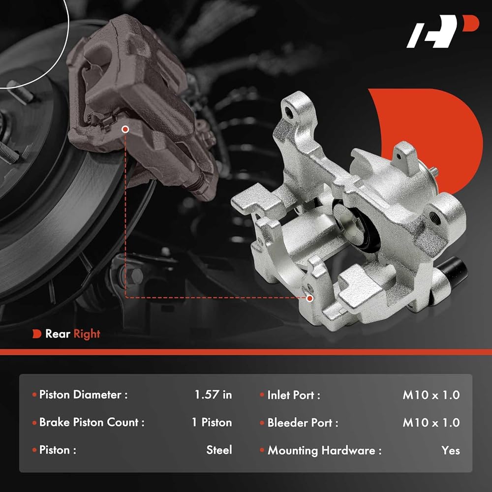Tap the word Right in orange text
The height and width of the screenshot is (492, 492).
pyautogui.click(x=87, y=334)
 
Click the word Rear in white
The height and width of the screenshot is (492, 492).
pyautogui.click(x=58, y=334)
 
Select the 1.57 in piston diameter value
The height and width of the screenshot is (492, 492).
pyautogui.click(x=213, y=395)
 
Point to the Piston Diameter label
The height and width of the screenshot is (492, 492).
pyautogui.click(x=83, y=395)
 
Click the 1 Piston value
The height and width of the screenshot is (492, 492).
pyautogui.click(x=212, y=422)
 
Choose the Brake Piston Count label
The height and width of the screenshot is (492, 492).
pyautogui.click(x=92, y=422)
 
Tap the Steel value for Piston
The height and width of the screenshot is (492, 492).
pyautogui.click(x=219, y=450)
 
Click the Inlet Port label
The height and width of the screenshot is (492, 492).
pyautogui.click(x=294, y=395)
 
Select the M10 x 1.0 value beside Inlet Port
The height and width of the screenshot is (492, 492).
pyautogui.click(x=431, y=395)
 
